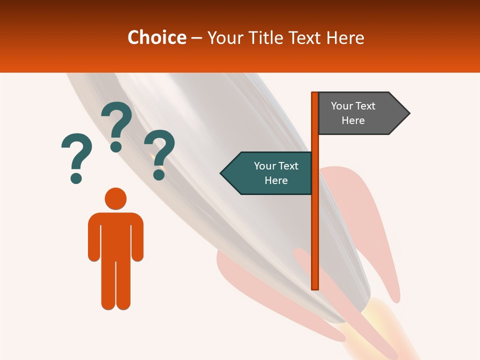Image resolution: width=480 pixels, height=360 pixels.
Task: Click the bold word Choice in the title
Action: (156, 37)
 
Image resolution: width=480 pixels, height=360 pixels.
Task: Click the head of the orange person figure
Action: (115, 198)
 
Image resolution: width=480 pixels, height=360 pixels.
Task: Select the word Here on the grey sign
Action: (353, 120)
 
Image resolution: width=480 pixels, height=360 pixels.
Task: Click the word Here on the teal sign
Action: (276, 180)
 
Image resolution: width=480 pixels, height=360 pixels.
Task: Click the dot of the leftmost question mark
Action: (76, 177)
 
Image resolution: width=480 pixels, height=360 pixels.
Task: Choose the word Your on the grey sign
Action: (342, 106)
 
